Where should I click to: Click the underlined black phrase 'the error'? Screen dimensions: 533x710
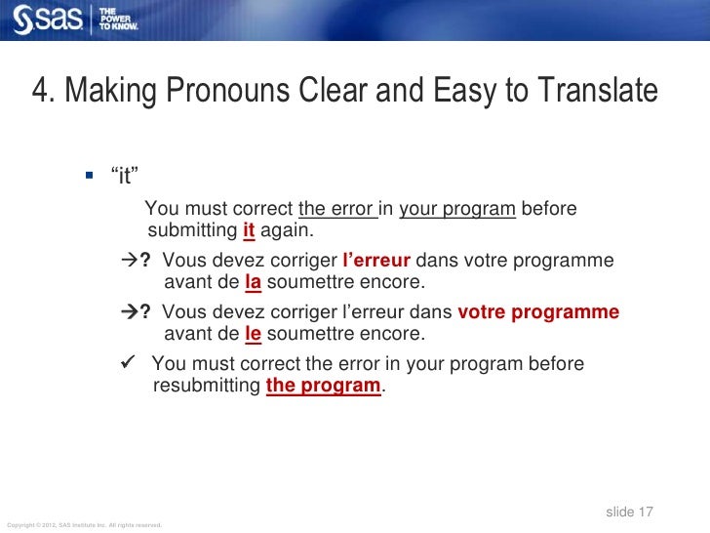(x=337, y=209)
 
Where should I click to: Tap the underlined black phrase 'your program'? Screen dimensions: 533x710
(x=457, y=209)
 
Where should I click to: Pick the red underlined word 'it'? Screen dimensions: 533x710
(x=249, y=230)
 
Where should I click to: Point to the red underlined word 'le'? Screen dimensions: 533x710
(x=253, y=334)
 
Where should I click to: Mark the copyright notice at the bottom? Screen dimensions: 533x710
(x=83, y=525)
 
